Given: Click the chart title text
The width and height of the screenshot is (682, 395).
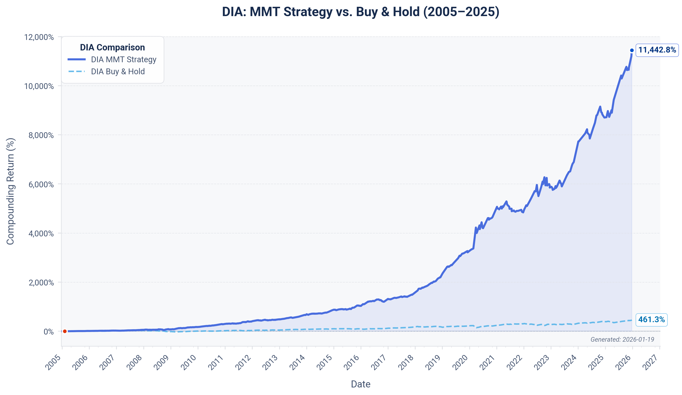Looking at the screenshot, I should (x=361, y=12).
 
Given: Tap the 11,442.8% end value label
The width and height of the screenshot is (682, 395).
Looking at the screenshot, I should (x=657, y=50).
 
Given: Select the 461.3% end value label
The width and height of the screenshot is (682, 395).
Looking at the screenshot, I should (x=651, y=320).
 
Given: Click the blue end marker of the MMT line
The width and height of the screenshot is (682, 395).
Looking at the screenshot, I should (x=632, y=50).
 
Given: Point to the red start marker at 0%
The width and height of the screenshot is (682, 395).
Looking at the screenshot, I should (x=65, y=331).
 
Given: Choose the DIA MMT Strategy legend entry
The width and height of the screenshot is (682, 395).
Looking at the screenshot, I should (x=123, y=59).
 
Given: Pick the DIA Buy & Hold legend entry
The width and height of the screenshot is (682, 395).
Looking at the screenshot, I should (x=118, y=72).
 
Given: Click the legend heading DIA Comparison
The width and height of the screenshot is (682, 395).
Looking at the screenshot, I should (x=112, y=47).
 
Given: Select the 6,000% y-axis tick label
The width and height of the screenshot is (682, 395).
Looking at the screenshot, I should (x=41, y=184).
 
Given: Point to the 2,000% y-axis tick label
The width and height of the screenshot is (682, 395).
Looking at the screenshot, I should (x=41, y=283).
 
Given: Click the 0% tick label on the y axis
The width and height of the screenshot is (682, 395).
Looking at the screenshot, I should (x=48, y=332).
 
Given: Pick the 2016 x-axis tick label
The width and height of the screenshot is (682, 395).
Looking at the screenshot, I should (x=352, y=362).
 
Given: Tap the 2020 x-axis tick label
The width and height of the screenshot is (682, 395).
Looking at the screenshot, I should (x=461, y=362).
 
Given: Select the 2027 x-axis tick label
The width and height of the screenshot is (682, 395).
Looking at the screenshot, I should (x=651, y=362).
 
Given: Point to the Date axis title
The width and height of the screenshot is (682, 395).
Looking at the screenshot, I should (x=361, y=384).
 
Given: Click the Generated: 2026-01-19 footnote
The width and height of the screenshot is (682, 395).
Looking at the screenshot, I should (x=622, y=340).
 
